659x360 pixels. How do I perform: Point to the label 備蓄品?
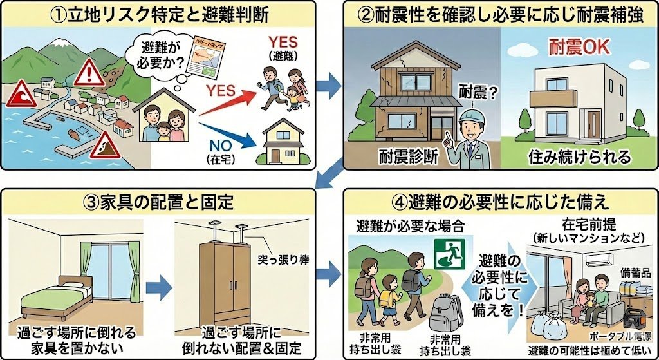coord(636,274)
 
